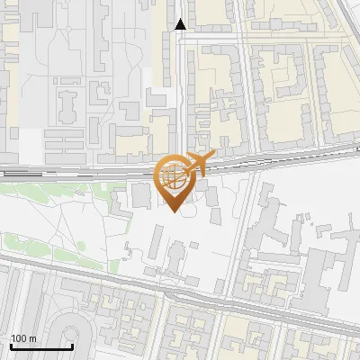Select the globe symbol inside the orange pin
pos(173,176)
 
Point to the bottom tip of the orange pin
pos(174,212)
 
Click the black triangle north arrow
pos(181,24)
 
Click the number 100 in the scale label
pos(18,338)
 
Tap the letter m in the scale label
pos(31,338)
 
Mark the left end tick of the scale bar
pos(11,346)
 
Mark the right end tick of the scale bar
pos(72,346)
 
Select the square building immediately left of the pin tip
pos(142,196)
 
